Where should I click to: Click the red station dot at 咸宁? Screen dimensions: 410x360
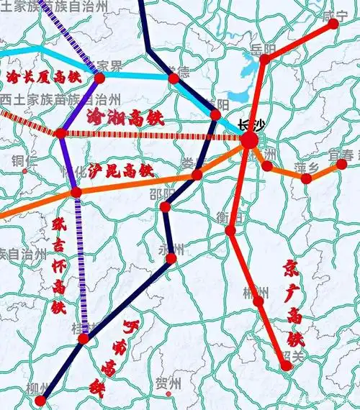333,24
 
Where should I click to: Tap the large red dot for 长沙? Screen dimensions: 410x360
248,140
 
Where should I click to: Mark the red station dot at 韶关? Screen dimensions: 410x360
287,365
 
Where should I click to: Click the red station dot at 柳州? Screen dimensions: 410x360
40,400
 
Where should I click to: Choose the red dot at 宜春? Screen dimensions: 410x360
341,165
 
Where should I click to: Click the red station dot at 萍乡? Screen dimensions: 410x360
306,178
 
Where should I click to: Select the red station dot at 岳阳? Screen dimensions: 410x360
264,59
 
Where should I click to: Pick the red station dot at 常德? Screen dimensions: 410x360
173,78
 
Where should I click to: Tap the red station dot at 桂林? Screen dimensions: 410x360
84,337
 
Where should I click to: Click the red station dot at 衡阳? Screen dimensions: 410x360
230,230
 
